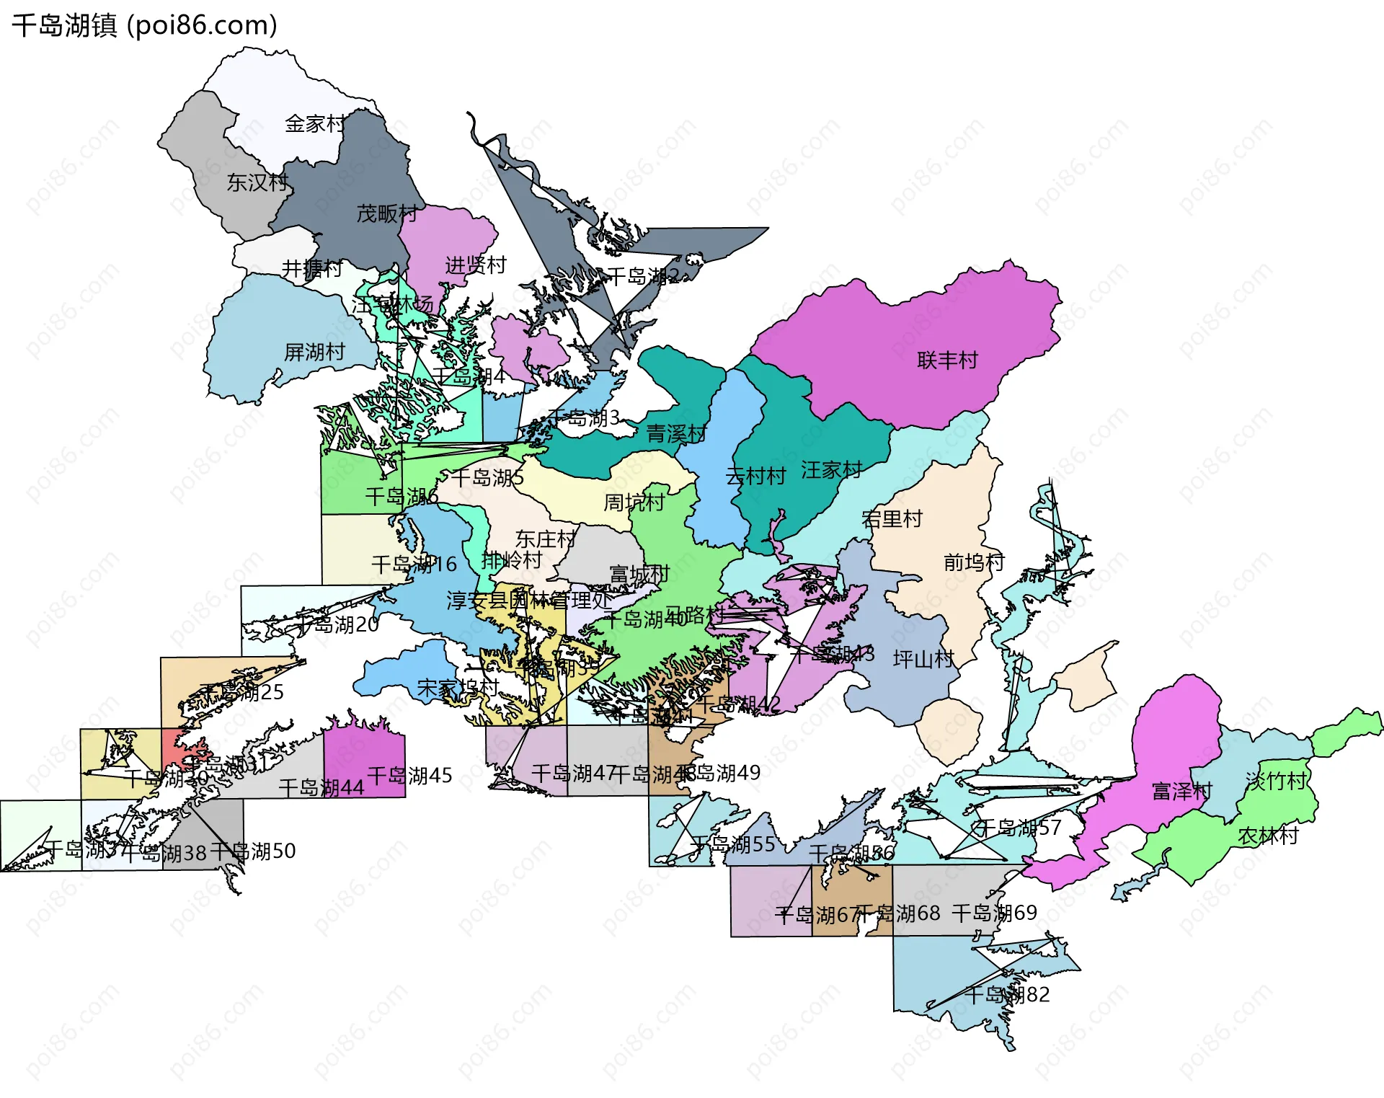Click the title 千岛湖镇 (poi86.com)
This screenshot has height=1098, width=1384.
[144, 26]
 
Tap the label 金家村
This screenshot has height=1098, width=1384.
[315, 124]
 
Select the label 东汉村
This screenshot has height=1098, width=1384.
[257, 182]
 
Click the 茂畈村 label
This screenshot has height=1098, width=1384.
[387, 214]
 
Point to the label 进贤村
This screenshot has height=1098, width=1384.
[476, 265]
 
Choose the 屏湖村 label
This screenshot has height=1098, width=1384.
[314, 353]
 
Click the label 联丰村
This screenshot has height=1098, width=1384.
[947, 360]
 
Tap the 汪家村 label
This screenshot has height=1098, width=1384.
[832, 471]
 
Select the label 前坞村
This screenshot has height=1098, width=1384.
[974, 562]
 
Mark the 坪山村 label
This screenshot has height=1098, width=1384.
[923, 659]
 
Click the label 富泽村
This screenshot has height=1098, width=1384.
[1182, 792]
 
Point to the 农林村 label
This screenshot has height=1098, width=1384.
[1268, 836]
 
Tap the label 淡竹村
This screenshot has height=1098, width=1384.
[1277, 782]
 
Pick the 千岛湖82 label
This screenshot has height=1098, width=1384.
[1007, 996]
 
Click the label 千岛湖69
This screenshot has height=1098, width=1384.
[994, 913]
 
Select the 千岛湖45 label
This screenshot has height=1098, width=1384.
[409, 776]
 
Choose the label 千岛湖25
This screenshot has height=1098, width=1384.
[241, 693]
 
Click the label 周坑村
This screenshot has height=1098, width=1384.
[634, 502]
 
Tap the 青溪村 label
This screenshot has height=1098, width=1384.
[676, 434]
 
